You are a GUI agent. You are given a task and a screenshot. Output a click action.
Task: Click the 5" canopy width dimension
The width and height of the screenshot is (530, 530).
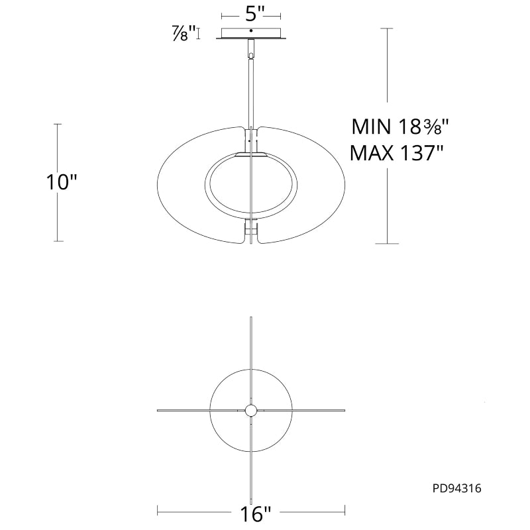point(251,15)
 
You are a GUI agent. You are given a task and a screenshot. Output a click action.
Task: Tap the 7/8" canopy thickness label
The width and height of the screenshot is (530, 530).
point(184,34)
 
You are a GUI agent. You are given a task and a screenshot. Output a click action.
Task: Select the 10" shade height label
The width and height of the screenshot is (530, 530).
point(62,182)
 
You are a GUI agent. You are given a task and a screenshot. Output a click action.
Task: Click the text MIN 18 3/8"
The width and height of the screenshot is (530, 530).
point(400,127)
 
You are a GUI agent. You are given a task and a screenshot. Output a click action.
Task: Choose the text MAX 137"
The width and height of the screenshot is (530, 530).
point(396,153)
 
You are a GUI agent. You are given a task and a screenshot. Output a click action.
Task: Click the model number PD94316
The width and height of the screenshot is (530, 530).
point(456,488)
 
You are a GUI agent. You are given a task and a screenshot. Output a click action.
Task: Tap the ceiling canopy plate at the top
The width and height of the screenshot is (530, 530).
point(251,34)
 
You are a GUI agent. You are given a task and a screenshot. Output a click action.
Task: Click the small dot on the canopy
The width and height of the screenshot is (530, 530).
point(251,30)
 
